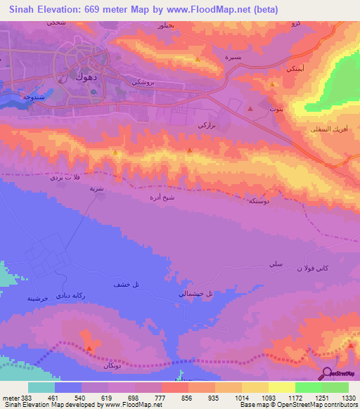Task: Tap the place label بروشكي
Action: [x=143, y=82]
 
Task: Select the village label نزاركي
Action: [x=205, y=124]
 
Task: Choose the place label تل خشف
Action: [x=125, y=285]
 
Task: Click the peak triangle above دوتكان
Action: [x=89, y=348]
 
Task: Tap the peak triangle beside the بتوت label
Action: [x=250, y=109]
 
